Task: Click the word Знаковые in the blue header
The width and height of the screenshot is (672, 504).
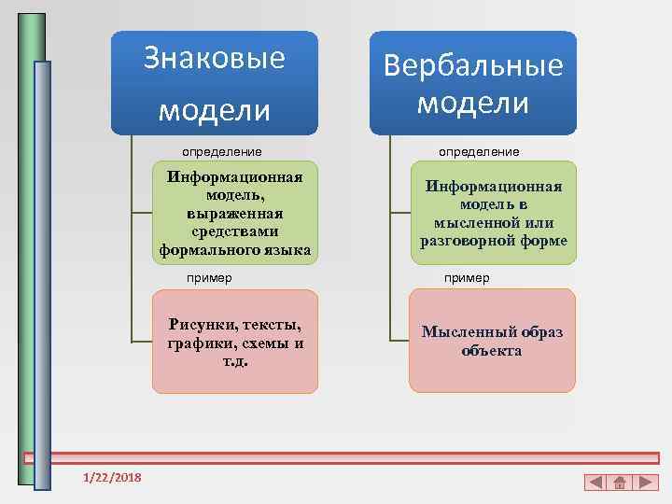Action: [215, 58]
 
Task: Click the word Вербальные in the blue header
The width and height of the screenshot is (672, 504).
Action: [473, 65]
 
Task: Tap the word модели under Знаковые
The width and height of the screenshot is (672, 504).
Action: [215, 110]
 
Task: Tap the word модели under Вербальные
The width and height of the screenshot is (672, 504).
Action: [473, 102]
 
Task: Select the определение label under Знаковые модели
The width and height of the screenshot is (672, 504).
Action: [222, 151]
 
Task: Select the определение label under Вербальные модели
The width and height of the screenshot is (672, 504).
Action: [480, 151]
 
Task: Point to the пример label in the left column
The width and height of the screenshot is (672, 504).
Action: [209, 277]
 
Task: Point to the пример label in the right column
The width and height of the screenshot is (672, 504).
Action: [467, 277]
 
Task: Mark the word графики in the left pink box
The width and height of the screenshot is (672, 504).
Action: [198, 343]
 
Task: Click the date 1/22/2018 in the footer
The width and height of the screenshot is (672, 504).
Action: [112, 478]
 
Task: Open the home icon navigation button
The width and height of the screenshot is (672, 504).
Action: [620, 483]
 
